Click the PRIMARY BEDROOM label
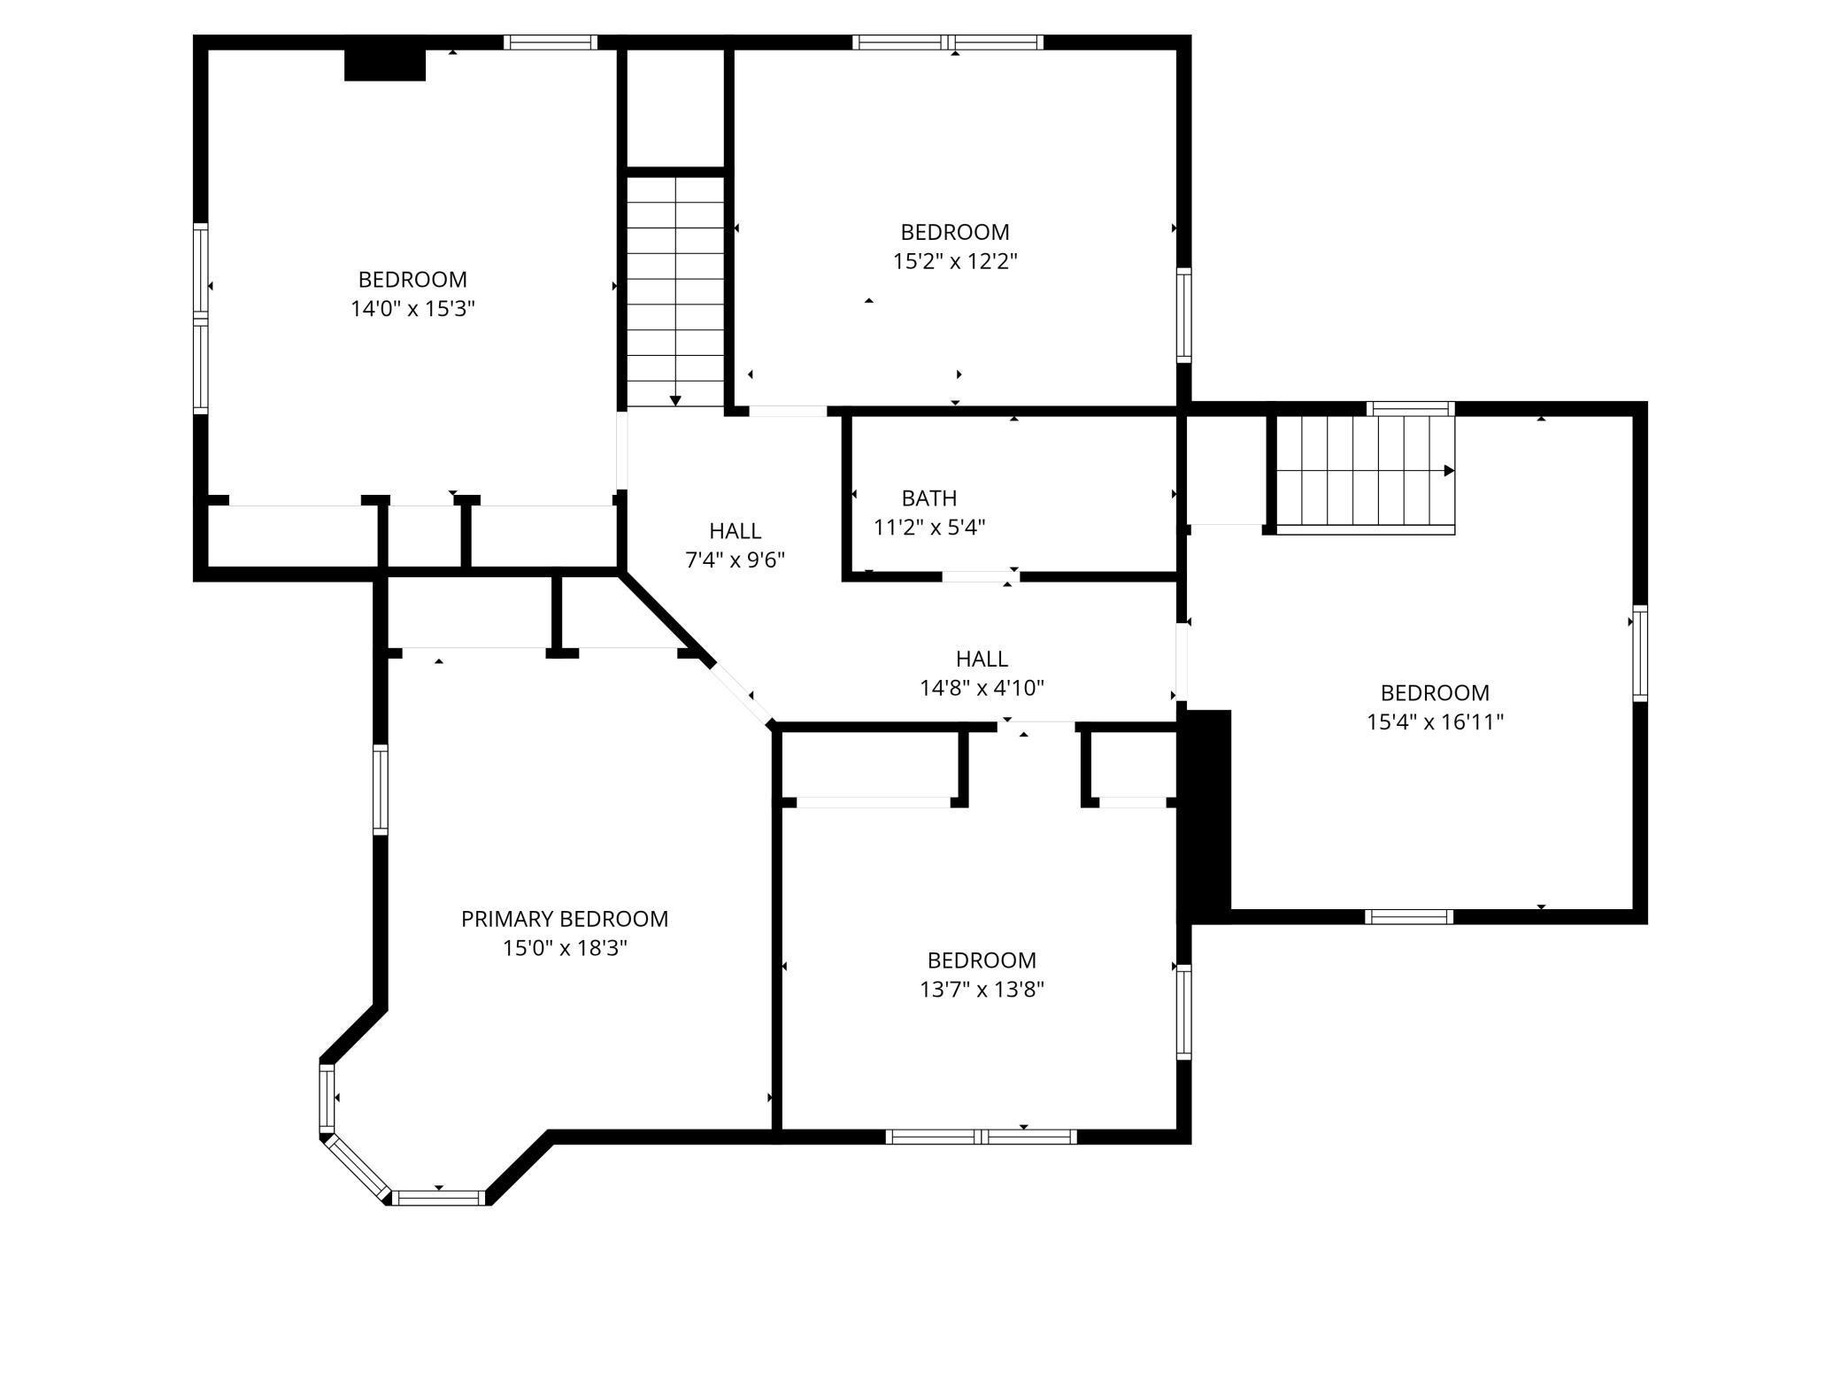click(564, 919)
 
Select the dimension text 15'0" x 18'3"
click(564, 948)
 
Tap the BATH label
click(928, 498)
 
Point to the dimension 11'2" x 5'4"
click(928, 528)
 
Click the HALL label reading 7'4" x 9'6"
click(735, 531)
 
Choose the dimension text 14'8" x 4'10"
click(981, 688)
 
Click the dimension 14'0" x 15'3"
click(412, 309)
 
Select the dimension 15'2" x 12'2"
click(954, 261)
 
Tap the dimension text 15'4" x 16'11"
click(1434, 722)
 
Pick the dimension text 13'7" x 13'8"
click(981, 990)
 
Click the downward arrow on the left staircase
click(675, 400)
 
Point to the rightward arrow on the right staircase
click(1449, 471)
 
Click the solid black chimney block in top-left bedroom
click(384, 65)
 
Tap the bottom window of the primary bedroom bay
click(438, 1198)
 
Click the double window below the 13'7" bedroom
click(981, 1137)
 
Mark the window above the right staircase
click(1410, 409)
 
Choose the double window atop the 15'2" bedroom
click(948, 42)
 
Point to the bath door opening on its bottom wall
click(980, 576)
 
